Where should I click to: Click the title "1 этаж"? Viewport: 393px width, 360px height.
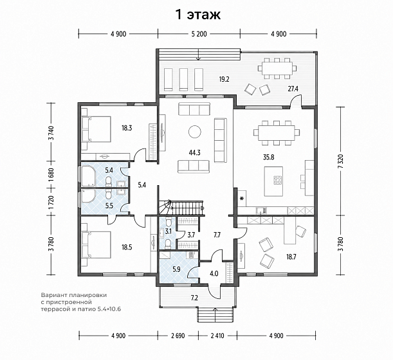[198, 15]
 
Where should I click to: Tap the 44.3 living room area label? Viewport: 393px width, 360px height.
[195, 152]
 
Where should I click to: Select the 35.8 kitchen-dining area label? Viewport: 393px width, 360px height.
[268, 157]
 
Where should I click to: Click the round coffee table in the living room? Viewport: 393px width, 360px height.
[194, 131]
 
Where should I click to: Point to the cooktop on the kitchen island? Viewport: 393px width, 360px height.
[277, 179]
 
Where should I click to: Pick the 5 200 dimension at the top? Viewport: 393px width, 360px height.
[199, 34]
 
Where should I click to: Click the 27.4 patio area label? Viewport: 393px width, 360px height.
[293, 89]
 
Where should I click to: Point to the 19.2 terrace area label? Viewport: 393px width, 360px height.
[224, 80]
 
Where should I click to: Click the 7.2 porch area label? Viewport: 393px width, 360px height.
[194, 298]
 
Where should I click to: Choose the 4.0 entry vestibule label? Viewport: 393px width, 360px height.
[214, 273]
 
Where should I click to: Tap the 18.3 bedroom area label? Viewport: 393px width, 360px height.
[127, 128]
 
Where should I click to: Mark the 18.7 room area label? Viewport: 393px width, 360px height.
[291, 256]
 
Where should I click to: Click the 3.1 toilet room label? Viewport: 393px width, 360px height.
[168, 231]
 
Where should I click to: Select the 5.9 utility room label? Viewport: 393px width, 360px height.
[176, 269]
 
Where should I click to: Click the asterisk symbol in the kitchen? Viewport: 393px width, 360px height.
[242, 199]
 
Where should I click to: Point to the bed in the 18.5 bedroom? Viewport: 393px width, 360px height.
[96, 245]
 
